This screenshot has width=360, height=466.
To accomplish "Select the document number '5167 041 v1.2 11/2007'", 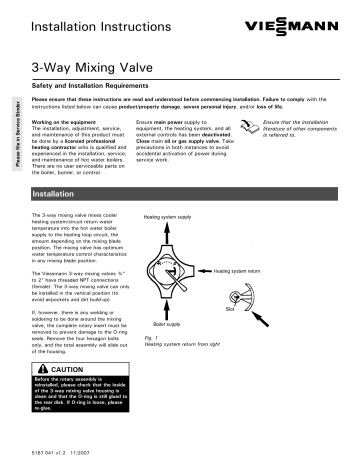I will [69, 456].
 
